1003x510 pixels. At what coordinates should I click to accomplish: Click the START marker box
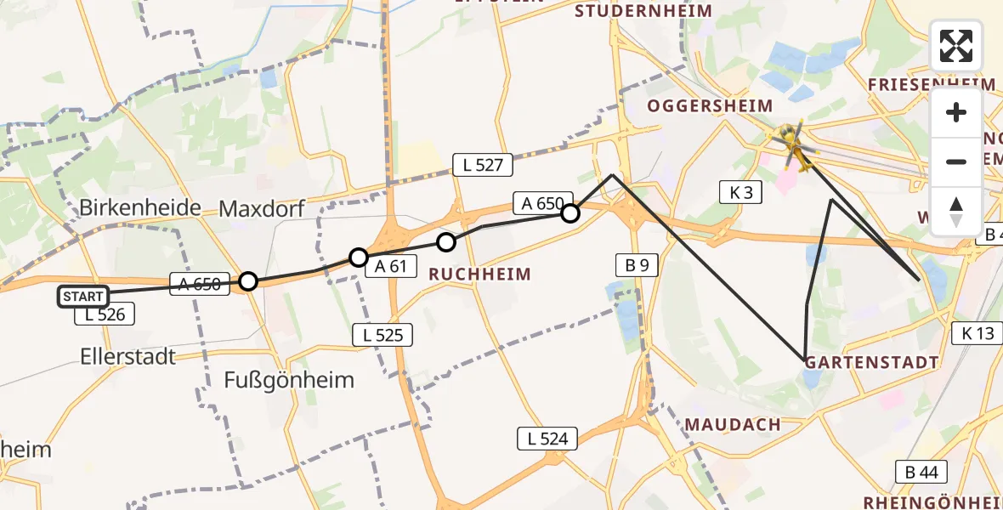click(83, 297)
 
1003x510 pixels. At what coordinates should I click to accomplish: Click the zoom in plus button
click(956, 113)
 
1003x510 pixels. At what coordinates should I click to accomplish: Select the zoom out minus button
click(956, 161)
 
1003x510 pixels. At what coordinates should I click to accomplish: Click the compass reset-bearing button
click(956, 210)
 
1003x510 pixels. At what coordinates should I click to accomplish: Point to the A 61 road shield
click(391, 266)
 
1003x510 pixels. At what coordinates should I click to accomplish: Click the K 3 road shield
click(739, 192)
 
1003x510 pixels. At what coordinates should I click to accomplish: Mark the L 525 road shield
click(383, 335)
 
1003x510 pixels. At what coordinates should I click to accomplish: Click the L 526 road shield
click(105, 314)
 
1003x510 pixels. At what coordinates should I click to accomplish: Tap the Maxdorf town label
click(263, 208)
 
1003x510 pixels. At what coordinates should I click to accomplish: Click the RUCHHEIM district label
click(479, 274)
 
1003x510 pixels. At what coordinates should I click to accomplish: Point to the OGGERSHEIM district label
click(710, 106)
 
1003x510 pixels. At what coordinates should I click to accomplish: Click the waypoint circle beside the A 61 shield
click(359, 257)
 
